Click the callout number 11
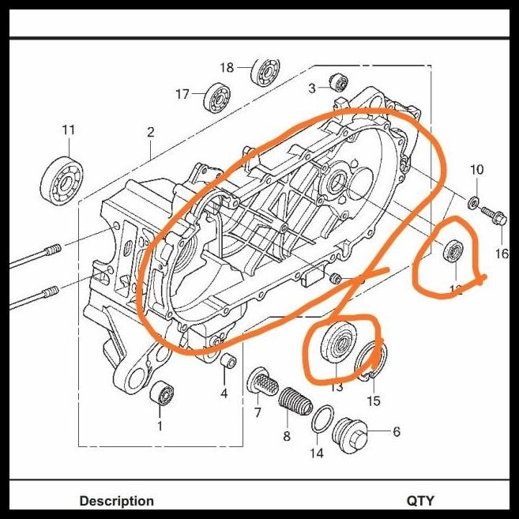[x=68, y=130]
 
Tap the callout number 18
[x=227, y=67]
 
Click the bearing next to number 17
[x=216, y=96]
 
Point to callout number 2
[x=150, y=132]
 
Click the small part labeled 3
[x=339, y=81]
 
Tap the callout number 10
[x=476, y=170]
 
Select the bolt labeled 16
[x=492, y=213]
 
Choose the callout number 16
[x=502, y=254]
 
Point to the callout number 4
[x=224, y=393]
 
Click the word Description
[x=116, y=501]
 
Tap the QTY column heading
[x=420, y=501]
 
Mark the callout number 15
[x=374, y=401]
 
